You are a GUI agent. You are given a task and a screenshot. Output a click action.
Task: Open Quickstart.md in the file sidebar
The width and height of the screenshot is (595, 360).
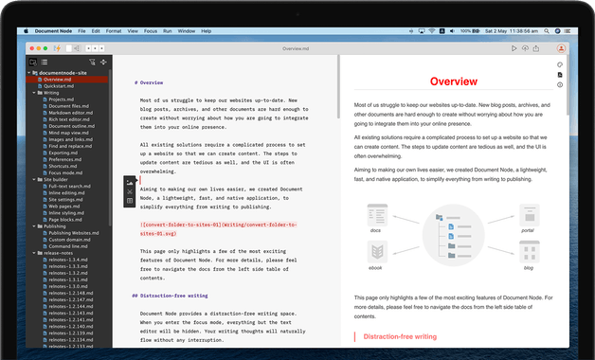[59, 85]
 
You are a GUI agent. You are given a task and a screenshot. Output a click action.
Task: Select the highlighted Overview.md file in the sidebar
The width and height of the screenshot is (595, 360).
[58, 79]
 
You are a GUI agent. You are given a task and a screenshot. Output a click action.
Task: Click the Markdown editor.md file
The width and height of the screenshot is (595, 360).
[67, 112]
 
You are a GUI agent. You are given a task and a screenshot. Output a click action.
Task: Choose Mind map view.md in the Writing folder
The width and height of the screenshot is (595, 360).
[67, 132]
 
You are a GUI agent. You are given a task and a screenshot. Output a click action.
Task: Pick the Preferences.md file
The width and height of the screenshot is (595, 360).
[63, 159]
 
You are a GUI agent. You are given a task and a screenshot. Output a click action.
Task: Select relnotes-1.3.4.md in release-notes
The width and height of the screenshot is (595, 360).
[66, 260]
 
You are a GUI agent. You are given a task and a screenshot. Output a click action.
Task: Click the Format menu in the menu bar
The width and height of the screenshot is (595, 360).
[114, 30]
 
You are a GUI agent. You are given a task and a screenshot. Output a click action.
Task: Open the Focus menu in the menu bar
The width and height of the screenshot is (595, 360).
[151, 30]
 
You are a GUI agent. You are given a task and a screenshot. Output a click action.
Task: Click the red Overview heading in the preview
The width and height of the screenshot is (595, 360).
[453, 82]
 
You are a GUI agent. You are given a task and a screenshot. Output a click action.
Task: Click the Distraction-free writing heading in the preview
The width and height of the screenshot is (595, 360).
[400, 336]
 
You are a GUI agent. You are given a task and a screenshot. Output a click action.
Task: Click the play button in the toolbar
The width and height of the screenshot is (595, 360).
[513, 47]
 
